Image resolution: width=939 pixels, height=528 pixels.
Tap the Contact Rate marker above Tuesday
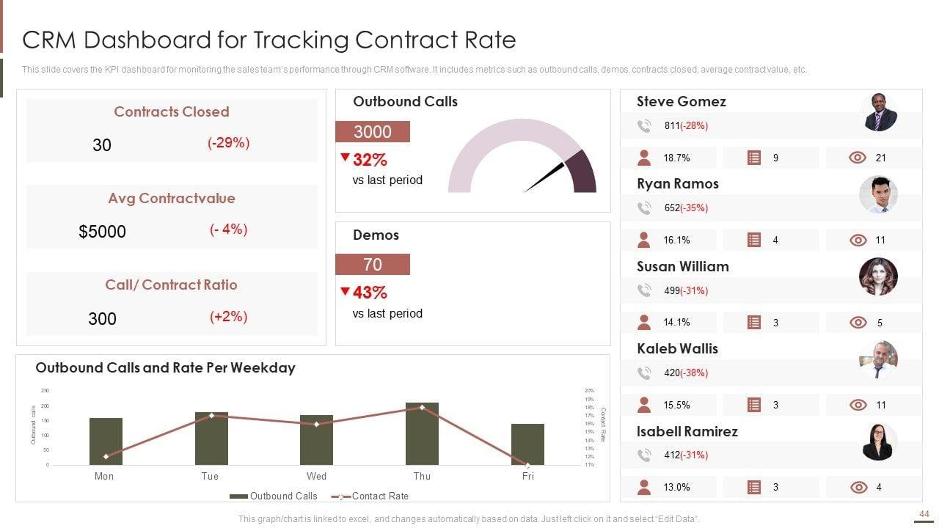click(x=211, y=416)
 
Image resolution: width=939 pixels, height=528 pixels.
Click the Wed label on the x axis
click(x=316, y=476)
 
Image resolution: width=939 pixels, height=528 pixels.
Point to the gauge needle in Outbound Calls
click(x=544, y=177)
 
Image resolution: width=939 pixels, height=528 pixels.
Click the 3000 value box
click(x=373, y=132)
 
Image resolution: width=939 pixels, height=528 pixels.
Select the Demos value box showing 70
click(x=373, y=265)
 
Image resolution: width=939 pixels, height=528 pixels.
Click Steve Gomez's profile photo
click(x=878, y=112)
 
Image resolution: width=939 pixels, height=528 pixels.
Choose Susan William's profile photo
click(x=878, y=276)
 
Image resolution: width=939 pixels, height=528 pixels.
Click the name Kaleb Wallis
click(x=677, y=348)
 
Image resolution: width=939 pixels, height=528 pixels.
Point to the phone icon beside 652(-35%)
click(x=644, y=208)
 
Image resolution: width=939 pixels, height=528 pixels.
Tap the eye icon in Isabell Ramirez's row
click(x=858, y=487)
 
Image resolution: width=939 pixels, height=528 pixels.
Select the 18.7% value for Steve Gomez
click(x=676, y=158)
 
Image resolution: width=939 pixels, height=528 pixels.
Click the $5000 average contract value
click(x=102, y=232)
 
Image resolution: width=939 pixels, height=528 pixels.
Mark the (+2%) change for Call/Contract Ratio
click(x=228, y=317)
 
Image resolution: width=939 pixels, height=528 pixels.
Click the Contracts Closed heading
click(x=171, y=111)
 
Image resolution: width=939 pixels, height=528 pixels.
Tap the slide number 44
click(x=924, y=514)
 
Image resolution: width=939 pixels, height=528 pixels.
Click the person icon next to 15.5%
click(x=644, y=405)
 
